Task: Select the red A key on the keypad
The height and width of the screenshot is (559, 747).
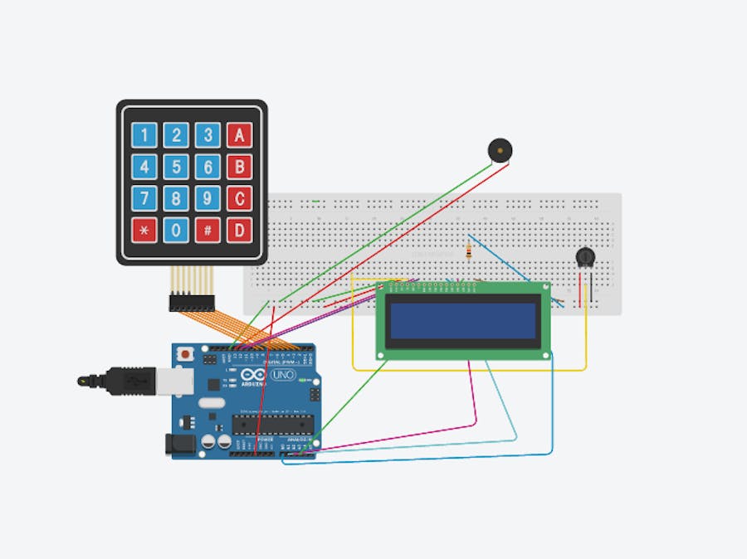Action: [x=240, y=134]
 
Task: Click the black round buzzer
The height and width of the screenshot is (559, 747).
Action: [x=499, y=150]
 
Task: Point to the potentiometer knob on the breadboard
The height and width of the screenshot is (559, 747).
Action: [x=586, y=259]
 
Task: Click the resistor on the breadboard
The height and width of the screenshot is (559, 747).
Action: [x=470, y=250]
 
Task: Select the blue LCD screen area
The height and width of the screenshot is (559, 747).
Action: [x=463, y=322]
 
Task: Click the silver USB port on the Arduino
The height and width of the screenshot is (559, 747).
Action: [x=178, y=382]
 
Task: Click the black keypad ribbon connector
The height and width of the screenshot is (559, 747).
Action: [x=192, y=303]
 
